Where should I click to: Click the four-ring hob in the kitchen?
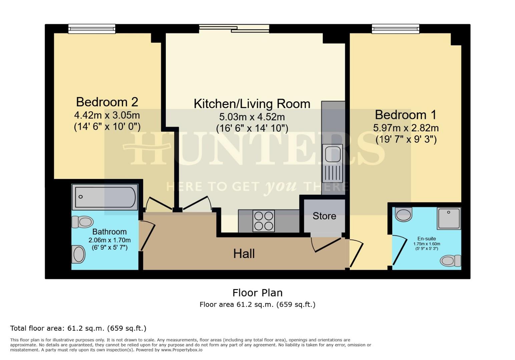264,221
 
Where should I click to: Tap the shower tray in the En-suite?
449,218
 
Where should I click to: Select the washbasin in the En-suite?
404,214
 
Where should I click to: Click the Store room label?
324,216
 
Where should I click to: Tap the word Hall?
244,254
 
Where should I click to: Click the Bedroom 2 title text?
107,102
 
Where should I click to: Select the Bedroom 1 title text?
406,115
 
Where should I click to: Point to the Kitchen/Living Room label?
252,104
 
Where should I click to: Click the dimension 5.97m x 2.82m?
406,128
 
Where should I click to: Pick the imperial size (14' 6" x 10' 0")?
107,127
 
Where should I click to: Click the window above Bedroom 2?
92,29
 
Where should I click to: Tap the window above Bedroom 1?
396,29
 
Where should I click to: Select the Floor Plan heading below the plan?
257,293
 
